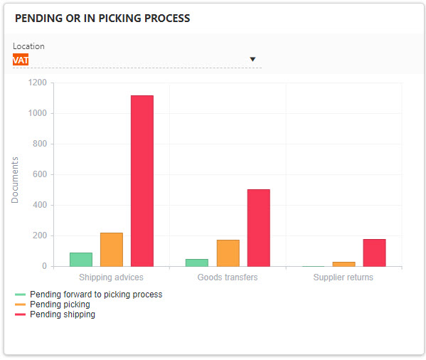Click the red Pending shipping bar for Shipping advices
click(x=142, y=181)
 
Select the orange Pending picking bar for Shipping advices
click(x=111, y=249)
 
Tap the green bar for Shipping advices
click(x=80, y=259)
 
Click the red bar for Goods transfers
click(x=258, y=228)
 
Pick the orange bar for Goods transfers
click(x=228, y=253)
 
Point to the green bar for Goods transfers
click(x=197, y=263)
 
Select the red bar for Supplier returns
click(x=374, y=253)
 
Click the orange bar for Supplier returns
click(x=344, y=264)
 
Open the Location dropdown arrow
click(x=252, y=60)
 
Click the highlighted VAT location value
click(x=21, y=60)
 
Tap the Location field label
click(x=28, y=46)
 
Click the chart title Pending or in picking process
click(x=102, y=18)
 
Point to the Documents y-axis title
click(x=16, y=179)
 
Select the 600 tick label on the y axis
click(x=39, y=174)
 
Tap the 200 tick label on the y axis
click(x=39, y=235)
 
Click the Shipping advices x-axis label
click(x=111, y=277)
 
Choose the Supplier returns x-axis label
click(x=343, y=277)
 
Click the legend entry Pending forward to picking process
click(x=95, y=295)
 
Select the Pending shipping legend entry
click(x=62, y=314)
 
